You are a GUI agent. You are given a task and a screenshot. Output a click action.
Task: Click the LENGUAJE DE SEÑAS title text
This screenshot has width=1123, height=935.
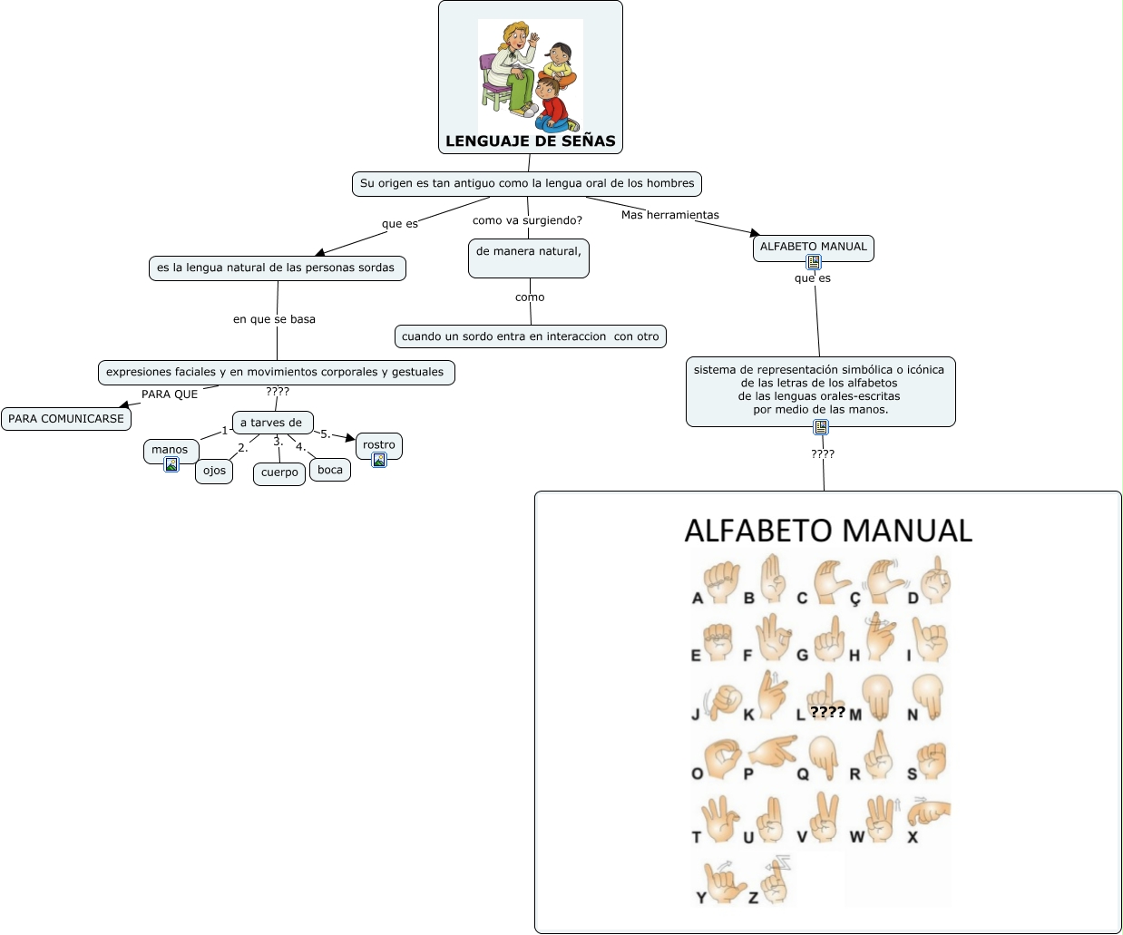[x=531, y=141]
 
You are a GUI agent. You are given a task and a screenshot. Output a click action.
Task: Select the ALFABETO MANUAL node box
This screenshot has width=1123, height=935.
[x=813, y=247]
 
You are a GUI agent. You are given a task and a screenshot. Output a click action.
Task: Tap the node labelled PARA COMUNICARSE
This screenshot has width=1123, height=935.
[x=66, y=419]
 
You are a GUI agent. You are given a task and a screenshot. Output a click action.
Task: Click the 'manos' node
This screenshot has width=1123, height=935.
[x=170, y=449]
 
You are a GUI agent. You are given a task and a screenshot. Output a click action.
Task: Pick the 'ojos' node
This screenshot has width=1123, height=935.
[x=214, y=471]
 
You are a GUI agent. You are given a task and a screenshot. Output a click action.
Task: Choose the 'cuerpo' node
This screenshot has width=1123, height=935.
[x=279, y=472]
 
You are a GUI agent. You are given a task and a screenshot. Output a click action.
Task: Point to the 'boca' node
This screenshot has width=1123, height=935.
[x=330, y=470]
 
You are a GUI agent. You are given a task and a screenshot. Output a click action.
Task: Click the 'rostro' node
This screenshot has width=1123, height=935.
[x=379, y=444]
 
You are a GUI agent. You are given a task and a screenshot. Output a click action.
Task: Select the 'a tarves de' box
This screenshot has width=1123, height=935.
[x=272, y=423]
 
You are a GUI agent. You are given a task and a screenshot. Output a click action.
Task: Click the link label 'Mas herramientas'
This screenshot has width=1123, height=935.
[x=670, y=215]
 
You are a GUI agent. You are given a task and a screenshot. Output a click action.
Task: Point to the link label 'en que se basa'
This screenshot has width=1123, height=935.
[x=274, y=319]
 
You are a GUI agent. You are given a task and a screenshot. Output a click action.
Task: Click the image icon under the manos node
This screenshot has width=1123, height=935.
[x=171, y=465]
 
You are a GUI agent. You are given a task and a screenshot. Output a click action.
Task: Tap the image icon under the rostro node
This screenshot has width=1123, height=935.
[x=379, y=460]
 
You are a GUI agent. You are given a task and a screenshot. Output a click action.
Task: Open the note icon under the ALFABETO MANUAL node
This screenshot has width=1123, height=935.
[x=814, y=263]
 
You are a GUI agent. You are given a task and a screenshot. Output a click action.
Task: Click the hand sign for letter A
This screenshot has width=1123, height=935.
[x=722, y=581]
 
